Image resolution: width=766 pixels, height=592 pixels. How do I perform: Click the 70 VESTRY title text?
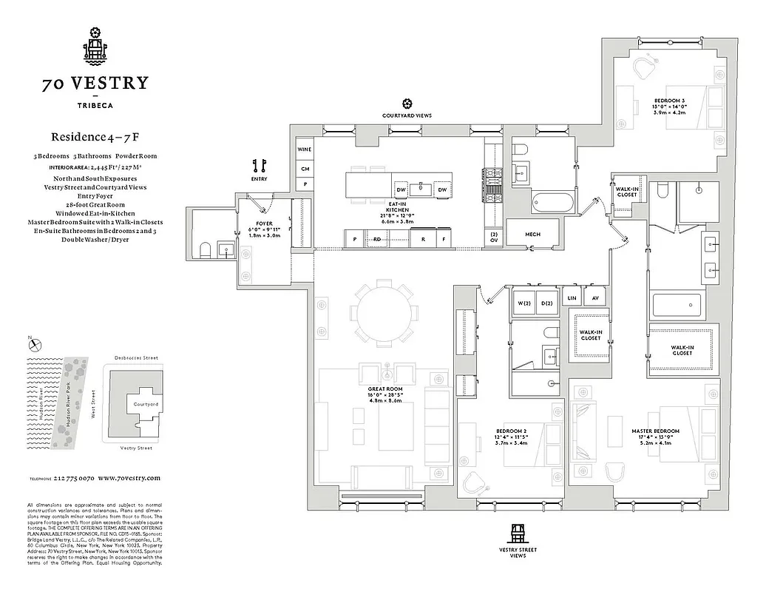coord(95,83)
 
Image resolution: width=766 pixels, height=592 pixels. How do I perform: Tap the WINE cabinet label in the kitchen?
coord(305,149)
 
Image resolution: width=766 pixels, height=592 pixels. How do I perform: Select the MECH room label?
coord(533,235)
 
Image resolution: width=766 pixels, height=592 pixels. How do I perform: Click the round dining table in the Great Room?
coord(384,314)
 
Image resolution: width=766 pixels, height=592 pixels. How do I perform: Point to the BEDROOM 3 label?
coord(668,100)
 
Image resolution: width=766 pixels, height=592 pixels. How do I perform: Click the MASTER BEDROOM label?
coord(655,431)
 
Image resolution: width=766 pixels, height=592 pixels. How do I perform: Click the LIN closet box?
coord(572,297)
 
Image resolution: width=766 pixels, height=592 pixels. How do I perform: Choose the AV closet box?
coord(594,297)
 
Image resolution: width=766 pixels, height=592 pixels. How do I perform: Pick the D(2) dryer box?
coord(547,303)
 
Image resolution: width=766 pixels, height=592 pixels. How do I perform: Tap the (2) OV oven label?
coord(494,237)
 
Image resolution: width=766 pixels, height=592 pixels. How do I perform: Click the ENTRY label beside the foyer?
coord(258,179)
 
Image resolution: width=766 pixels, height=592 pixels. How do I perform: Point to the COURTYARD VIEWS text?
coord(407,116)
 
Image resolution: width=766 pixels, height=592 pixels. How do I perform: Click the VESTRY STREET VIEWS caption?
coord(518,552)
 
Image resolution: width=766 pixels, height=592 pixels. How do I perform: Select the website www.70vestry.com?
coord(129,478)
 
